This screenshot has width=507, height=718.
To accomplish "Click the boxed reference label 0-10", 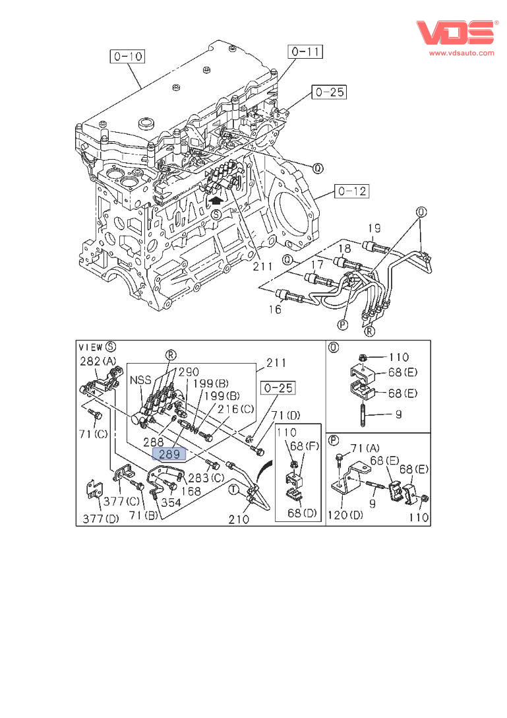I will point(127,56).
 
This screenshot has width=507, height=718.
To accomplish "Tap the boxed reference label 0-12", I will point(351,192).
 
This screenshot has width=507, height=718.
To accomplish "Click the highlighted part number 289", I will point(169,454).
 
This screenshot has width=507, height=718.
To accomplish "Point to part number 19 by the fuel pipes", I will point(373,230).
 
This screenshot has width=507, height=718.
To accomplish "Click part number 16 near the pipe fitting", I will point(274,309).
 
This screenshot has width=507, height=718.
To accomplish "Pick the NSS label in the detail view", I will point(140,381).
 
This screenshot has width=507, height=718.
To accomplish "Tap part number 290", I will point(188,372).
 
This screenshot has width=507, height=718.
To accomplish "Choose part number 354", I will point(171,502).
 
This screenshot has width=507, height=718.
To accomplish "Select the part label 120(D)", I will point(347,515).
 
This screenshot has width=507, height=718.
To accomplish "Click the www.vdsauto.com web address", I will point(461,53).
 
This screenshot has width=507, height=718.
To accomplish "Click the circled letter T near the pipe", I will point(233,489).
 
